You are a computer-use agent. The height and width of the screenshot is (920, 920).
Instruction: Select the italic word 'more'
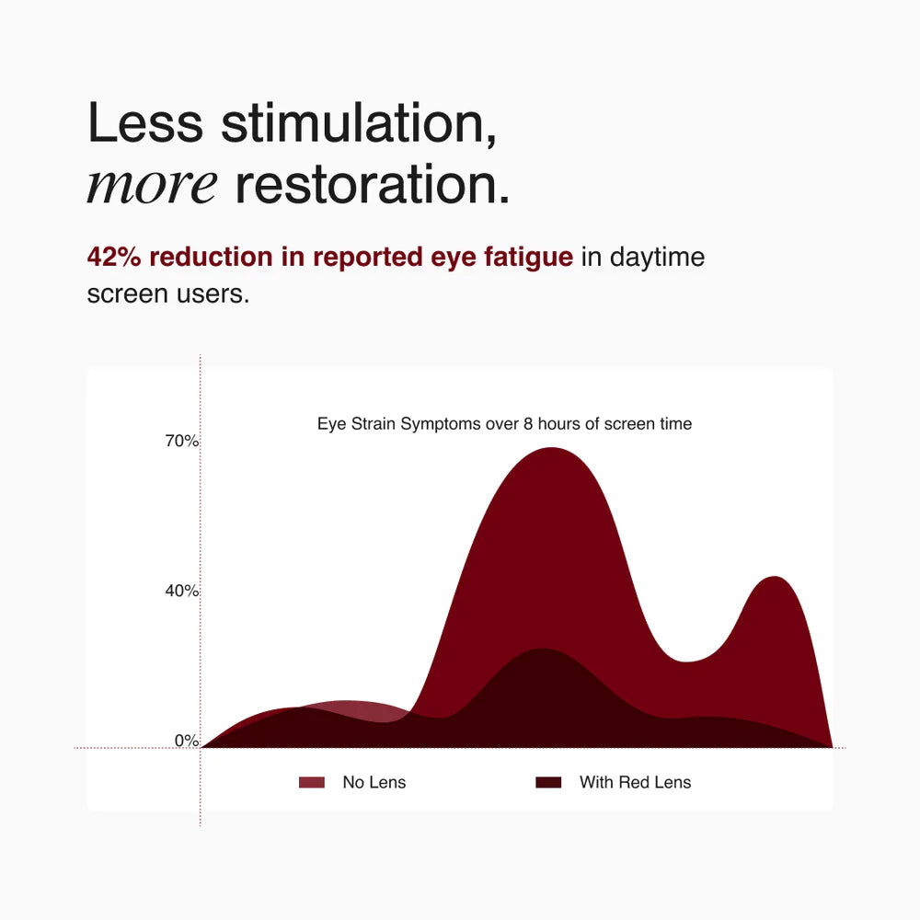pyautogui.click(x=152, y=186)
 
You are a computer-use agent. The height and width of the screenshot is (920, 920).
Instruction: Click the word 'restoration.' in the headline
pyautogui.click(x=373, y=184)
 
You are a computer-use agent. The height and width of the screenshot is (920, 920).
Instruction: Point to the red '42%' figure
pyautogui.click(x=114, y=257)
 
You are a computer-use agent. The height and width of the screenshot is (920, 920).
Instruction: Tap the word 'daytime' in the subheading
pyautogui.click(x=657, y=258)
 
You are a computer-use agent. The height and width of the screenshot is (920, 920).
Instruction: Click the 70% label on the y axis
pyautogui.click(x=182, y=441)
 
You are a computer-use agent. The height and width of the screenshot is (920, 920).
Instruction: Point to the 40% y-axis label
pyautogui.click(x=182, y=591)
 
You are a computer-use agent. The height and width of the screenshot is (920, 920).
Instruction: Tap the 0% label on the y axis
pyautogui.click(x=187, y=741)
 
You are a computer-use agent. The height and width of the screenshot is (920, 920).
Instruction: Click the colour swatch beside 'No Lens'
pyautogui.click(x=312, y=782)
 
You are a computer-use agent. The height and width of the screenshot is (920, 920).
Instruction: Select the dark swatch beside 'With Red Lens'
pyautogui.click(x=548, y=782)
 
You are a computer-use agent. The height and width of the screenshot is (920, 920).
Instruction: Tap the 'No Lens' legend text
pyautogui.click(x=374, y=782)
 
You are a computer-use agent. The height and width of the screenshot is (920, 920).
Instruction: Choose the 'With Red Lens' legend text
pyautogui.click(x=636, y=782)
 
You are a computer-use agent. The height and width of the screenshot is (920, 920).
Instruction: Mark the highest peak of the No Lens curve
pyautogui.click(x=551, y=448)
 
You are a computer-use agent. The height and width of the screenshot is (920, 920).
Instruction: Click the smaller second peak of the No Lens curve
pyautogui.click(x=775, y=578)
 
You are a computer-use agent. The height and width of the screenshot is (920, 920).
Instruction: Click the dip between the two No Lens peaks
pyautogui.click(x=685, y=661)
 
